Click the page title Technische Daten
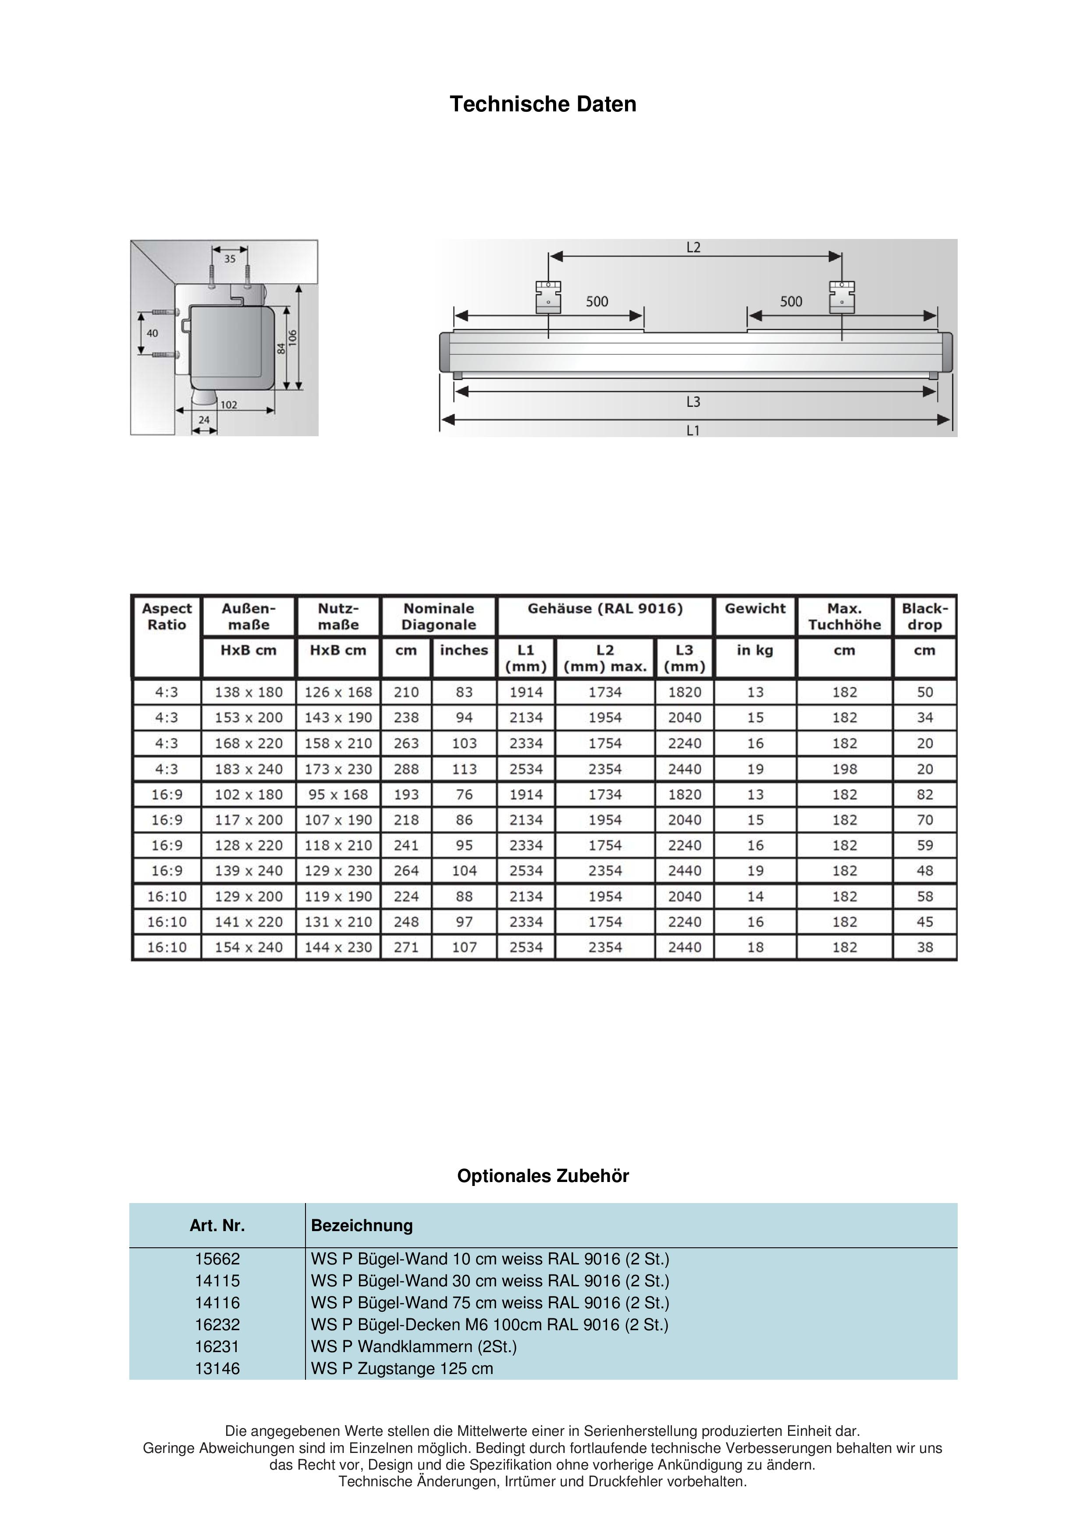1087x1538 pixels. (543, 104)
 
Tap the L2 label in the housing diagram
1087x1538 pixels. (693, 248)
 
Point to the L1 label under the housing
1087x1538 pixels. (693, 430)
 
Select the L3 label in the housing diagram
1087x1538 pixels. (693, 402)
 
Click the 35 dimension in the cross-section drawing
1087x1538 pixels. (230, 259)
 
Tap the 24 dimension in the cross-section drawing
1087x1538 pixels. (204, 420)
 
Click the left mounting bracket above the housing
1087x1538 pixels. (548, 297)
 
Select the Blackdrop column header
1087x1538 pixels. (924, 616)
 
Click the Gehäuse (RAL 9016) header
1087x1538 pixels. (605, 609)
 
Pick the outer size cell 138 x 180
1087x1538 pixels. (249, 692)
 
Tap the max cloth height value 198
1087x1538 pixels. (845, 769)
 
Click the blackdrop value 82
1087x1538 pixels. (924, 794)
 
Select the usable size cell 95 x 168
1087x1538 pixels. (338, 794)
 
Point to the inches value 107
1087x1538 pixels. (464, 947)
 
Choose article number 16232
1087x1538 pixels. (217, 1324)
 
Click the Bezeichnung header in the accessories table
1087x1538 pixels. (362, 1226)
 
